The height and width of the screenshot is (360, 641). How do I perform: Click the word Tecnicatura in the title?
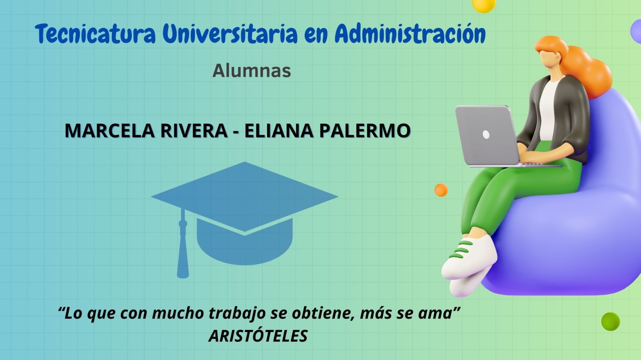click(x=95, y=34)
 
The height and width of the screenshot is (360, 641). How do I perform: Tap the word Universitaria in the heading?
click(x=230, y=34)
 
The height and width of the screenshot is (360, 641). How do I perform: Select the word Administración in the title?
click(x=410, y=34)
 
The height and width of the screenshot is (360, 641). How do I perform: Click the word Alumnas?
click(x=252, y=70)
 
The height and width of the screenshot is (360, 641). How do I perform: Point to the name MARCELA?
click(x=111, y=130)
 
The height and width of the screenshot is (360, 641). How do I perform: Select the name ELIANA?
click(x=279, y=130)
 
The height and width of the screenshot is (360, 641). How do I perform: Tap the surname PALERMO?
click(x=365, y=130)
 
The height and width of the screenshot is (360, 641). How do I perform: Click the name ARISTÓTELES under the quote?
click(x=258, y=336)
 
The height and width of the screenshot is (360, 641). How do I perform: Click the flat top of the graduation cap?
click(x=245, y=196)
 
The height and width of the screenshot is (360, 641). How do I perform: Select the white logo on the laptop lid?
click(x=486, y=134)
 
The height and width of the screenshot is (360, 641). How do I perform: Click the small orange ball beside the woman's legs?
click(x=441, y=190)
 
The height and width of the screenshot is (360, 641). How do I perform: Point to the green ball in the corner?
click(x=611, y=322)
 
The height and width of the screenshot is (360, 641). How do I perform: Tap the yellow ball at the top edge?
click(x=484, y=5)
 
